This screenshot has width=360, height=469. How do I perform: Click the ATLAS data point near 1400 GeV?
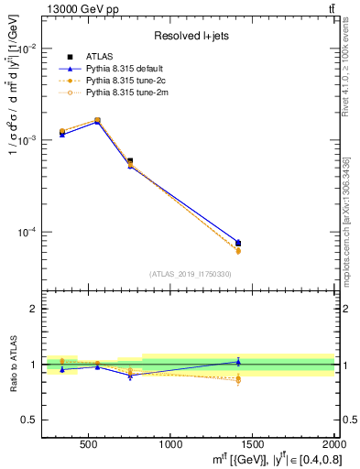[x=237, y=244]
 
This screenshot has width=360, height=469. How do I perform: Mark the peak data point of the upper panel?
[x=98, y=120]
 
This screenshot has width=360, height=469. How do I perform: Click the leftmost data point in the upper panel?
[x=62, y=132]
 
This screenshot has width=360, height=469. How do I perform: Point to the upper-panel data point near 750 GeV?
[x=130, y=161]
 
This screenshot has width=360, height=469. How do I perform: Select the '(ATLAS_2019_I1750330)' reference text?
[x=190, y=274]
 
